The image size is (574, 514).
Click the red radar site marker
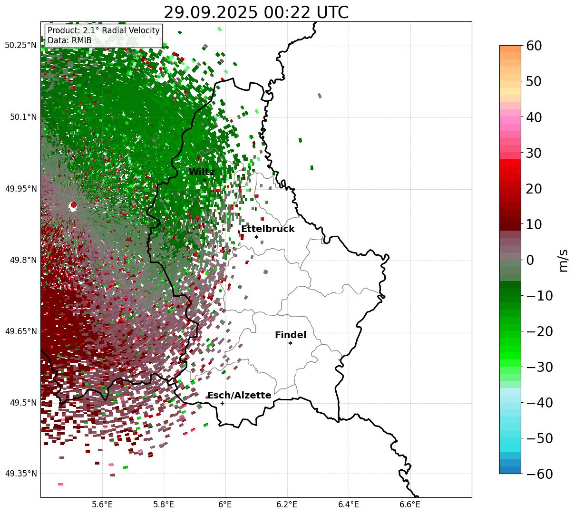pyautogui.click(x=74, y=205)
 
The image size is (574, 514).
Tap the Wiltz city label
pyautogui.click(x=202, y=172)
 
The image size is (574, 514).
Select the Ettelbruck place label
pyautogui.click(x=268, y=229)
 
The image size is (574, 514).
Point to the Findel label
pyautogui.click(x=291, y=335)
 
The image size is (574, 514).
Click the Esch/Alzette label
pyautogui.click(x=239, y=396)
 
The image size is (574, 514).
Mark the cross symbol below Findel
pyautogui.click(x=290, y=343)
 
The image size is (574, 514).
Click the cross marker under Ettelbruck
pyautogui.click(x=256, y=237)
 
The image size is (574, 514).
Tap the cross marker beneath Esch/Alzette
pyautogui.click(x=222, y=403)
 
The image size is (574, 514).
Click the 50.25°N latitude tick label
pyautogui.click(x=21, y=46)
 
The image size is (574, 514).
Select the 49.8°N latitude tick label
pyautogui.click(x=23, y=260)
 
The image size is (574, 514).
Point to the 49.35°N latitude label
pyautogui.click(x=21, y=474)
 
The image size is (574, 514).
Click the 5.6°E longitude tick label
pyautogui.click(x=102, y=504)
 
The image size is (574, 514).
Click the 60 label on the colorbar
pyautogui.click(x=535, y=46)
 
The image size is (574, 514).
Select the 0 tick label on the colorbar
pyautogui.click(x=530, y=260)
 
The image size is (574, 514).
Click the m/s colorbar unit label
pyautogui.click(x=564, y=260)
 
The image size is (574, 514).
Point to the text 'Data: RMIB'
pyautogui.click(x=69, y=40)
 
